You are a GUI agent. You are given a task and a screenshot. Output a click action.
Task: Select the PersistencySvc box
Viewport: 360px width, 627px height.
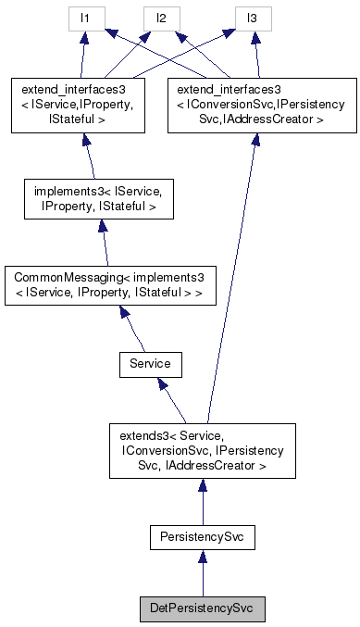[201, 536]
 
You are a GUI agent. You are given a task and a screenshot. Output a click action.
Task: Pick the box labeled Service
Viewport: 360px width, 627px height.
[150, 364]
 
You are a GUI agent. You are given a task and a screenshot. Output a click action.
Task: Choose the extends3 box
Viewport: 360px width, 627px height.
[201, 450]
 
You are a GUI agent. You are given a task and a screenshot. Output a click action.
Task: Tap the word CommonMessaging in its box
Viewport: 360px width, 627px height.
[65, 277]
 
